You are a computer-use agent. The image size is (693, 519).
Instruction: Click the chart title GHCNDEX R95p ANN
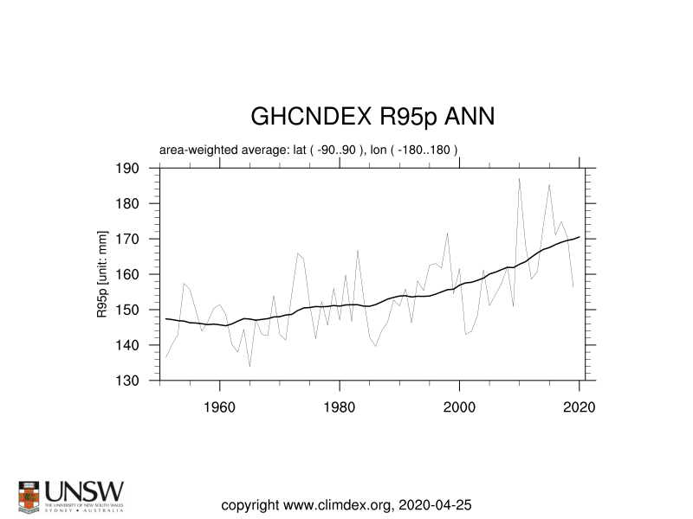tap(372, 117)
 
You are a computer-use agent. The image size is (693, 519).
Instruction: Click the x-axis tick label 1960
tap(220, 407)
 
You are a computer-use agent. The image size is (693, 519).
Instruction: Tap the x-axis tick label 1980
tap(340, 407)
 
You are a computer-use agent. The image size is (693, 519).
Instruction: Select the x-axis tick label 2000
tap(459, 407)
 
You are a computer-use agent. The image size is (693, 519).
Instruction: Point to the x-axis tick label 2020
tap(579, 407)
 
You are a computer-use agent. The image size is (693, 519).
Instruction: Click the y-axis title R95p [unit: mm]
tap(103, 274)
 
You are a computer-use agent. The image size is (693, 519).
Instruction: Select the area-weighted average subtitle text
tap(308, 150)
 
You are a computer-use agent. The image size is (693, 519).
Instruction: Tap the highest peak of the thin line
tap(519, 178)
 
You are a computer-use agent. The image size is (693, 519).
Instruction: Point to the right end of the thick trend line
tap(579, 236)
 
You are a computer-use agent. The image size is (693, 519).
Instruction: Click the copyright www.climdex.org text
tap(346, 504)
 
